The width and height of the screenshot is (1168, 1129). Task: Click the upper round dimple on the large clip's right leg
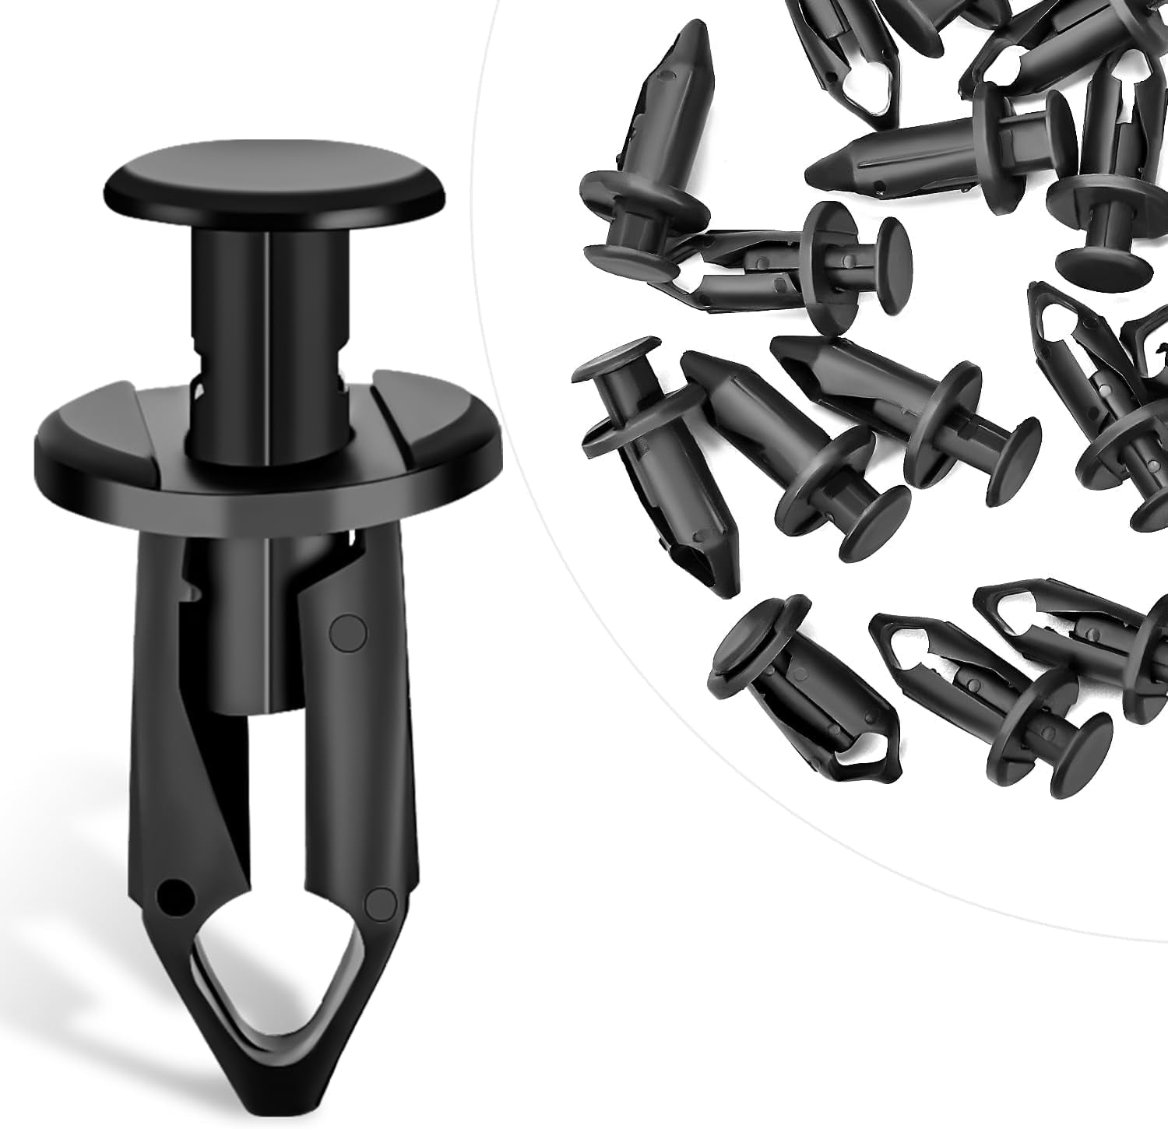coord(348,633)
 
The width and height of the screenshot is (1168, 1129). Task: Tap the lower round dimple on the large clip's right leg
coord(382,902)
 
